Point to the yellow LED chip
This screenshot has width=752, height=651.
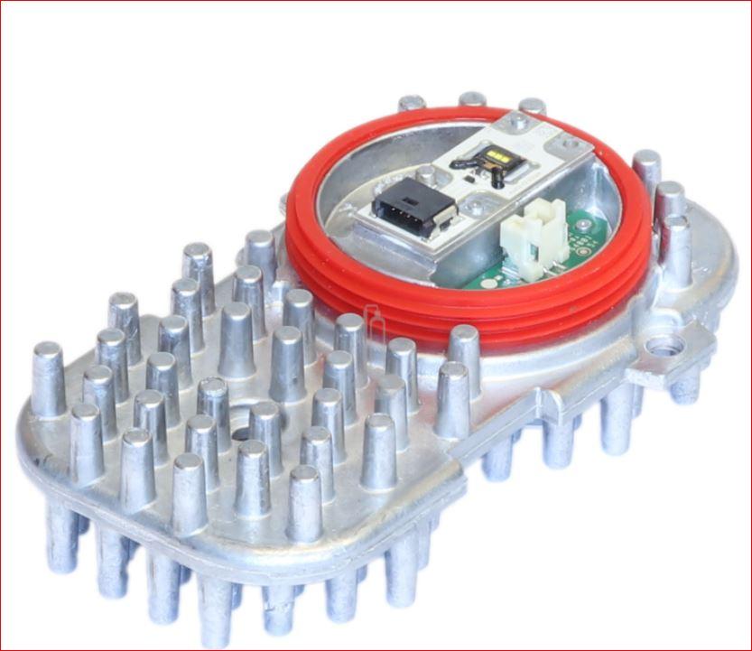point(496,162)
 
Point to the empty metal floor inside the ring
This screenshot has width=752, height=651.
point(352,163)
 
